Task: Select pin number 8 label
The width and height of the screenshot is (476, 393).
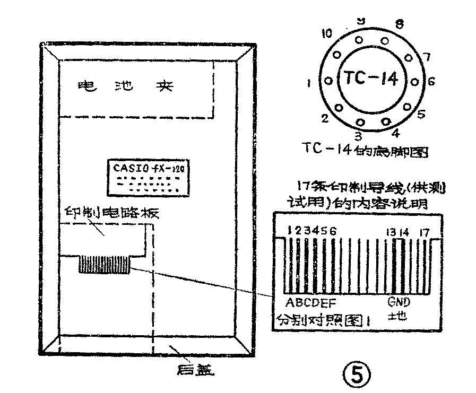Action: click(x=400, y=23)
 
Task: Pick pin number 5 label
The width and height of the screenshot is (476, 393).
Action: click(x=421, y=113)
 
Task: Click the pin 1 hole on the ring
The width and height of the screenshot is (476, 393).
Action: click(x=328, y=81)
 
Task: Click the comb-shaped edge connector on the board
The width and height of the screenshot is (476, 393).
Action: click(x=105, y=264)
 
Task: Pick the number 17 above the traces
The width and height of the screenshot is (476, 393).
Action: click(x=424, y=232)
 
